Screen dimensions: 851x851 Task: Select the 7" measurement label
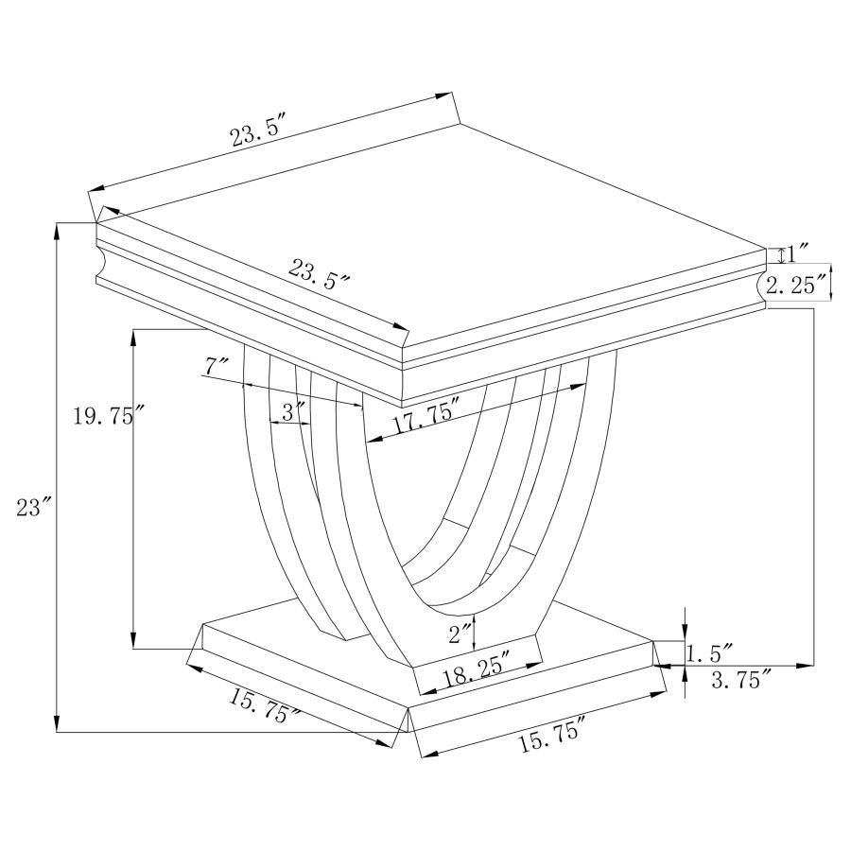[217, 365]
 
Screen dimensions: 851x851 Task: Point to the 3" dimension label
[294, 411]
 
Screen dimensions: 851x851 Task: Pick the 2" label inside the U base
[460, 633]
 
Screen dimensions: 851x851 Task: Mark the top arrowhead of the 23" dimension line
[58, 227]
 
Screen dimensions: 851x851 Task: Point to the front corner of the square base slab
[408, 707]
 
